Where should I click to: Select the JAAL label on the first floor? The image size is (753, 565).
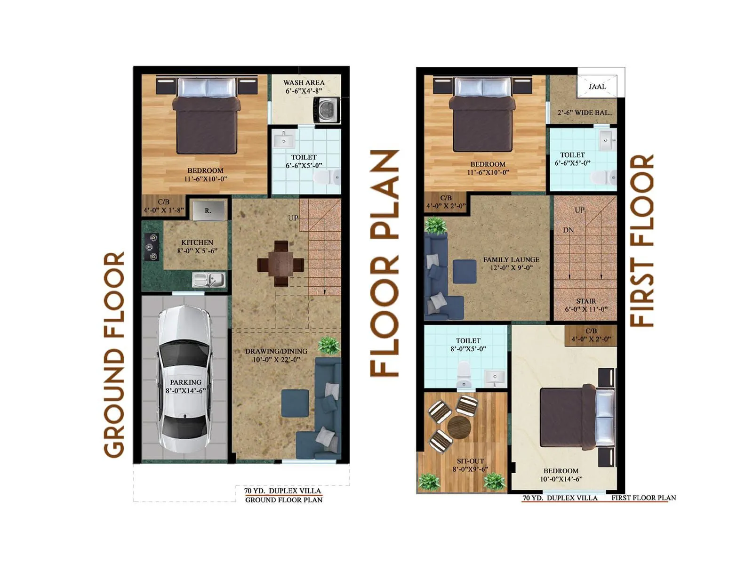[x=597, y=87]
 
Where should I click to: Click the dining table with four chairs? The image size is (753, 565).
[x=280, y=264]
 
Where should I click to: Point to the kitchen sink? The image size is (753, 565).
[x=209, y=280]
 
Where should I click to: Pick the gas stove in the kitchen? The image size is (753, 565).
[x=152, y=247]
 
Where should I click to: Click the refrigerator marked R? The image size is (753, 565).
[x=208, y=210]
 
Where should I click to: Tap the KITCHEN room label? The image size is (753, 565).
[x=197, y=242]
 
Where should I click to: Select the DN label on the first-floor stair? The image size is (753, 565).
[x=568, y=230]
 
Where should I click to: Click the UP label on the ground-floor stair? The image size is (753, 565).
[x=293, y=218]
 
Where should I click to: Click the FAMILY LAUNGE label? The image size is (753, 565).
[x=511, y=259]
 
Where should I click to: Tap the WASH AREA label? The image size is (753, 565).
[x=304, y=82]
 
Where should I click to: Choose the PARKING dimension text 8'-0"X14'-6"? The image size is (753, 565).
[x=185, y=391]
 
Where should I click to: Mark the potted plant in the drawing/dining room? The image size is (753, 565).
[x=328, y=346]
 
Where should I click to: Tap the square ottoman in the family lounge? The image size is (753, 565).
[x=465, y=271]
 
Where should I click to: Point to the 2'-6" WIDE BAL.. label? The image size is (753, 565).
[x=585, y=113]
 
